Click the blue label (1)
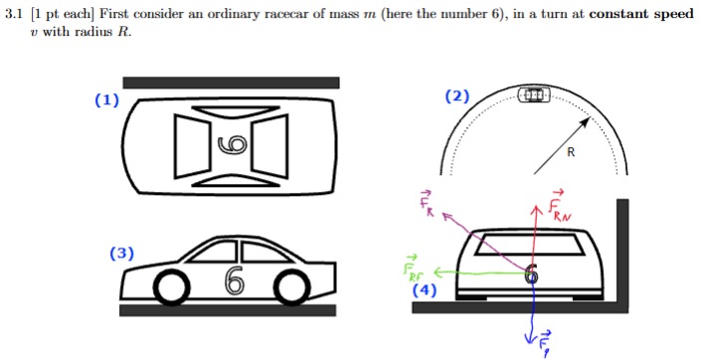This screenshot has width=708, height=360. pyautogui.click(x=106, y=99)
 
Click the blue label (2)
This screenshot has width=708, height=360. pyautogui.click(x=457, y=96)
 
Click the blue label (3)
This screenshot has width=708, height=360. pyautogui.click(x=122, y=254)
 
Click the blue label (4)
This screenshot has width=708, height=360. pyautogui.click(x=426, y=291)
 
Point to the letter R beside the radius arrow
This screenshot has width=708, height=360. pyautogui.click(x=570, y=152)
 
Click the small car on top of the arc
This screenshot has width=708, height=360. pyautogui.click(x=533, y=93)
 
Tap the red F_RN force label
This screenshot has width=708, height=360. pyautogui.click(x=560, y=205)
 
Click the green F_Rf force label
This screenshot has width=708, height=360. pyautogui.click(x=412, y=270)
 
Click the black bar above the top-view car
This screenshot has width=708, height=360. pyautogui.click(x=231, y=83)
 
